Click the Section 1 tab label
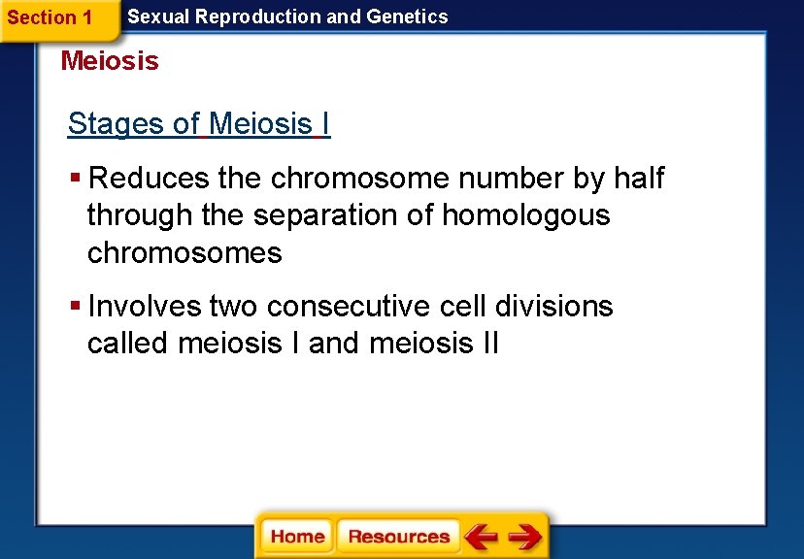pos(50,17)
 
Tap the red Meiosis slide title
pos(110,61)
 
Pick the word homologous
pos(525,215)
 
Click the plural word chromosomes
pos(184,253)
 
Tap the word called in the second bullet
pos(128,344)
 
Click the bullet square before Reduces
pos(76,179)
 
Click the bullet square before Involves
pos(76,307)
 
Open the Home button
pos(298,537)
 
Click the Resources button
pos(398,537)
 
